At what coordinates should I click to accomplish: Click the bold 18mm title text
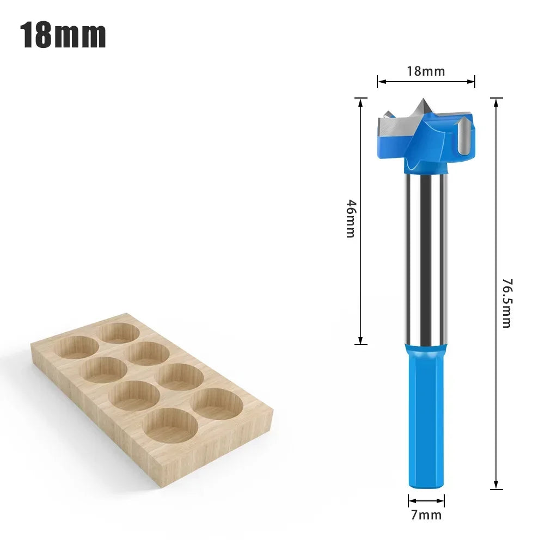[63, 35]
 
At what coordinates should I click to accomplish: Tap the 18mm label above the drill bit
[426, 71]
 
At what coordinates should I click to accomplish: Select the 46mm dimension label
[351, 219]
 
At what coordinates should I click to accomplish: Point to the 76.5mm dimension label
[507, 303]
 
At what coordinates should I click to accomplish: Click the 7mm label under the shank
[426, 515]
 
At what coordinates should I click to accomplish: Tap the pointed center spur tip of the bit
[423, 100]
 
